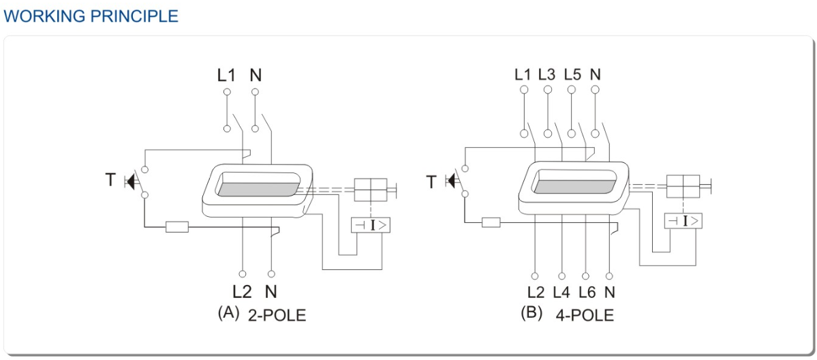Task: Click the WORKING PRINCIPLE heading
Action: tap(91, 16)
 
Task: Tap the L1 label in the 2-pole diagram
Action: tap(227, 75)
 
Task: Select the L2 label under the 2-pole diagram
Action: tap(242, 292)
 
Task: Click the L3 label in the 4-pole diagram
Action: tap(546, 74)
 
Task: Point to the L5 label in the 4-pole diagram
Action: tap(572, 74)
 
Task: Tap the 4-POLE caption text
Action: tap(585, 315)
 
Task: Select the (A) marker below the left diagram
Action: tap(228, 313)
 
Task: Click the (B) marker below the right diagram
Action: tap(531, 314)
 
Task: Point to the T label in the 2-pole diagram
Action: tap(110, 181)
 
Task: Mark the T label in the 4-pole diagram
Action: tap(431, 181)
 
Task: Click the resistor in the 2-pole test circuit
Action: tap(177, 226)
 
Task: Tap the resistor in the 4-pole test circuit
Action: tap(491, 222)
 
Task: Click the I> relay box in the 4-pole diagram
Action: tap(683, 220)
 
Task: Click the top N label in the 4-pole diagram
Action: tap(596, 74)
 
